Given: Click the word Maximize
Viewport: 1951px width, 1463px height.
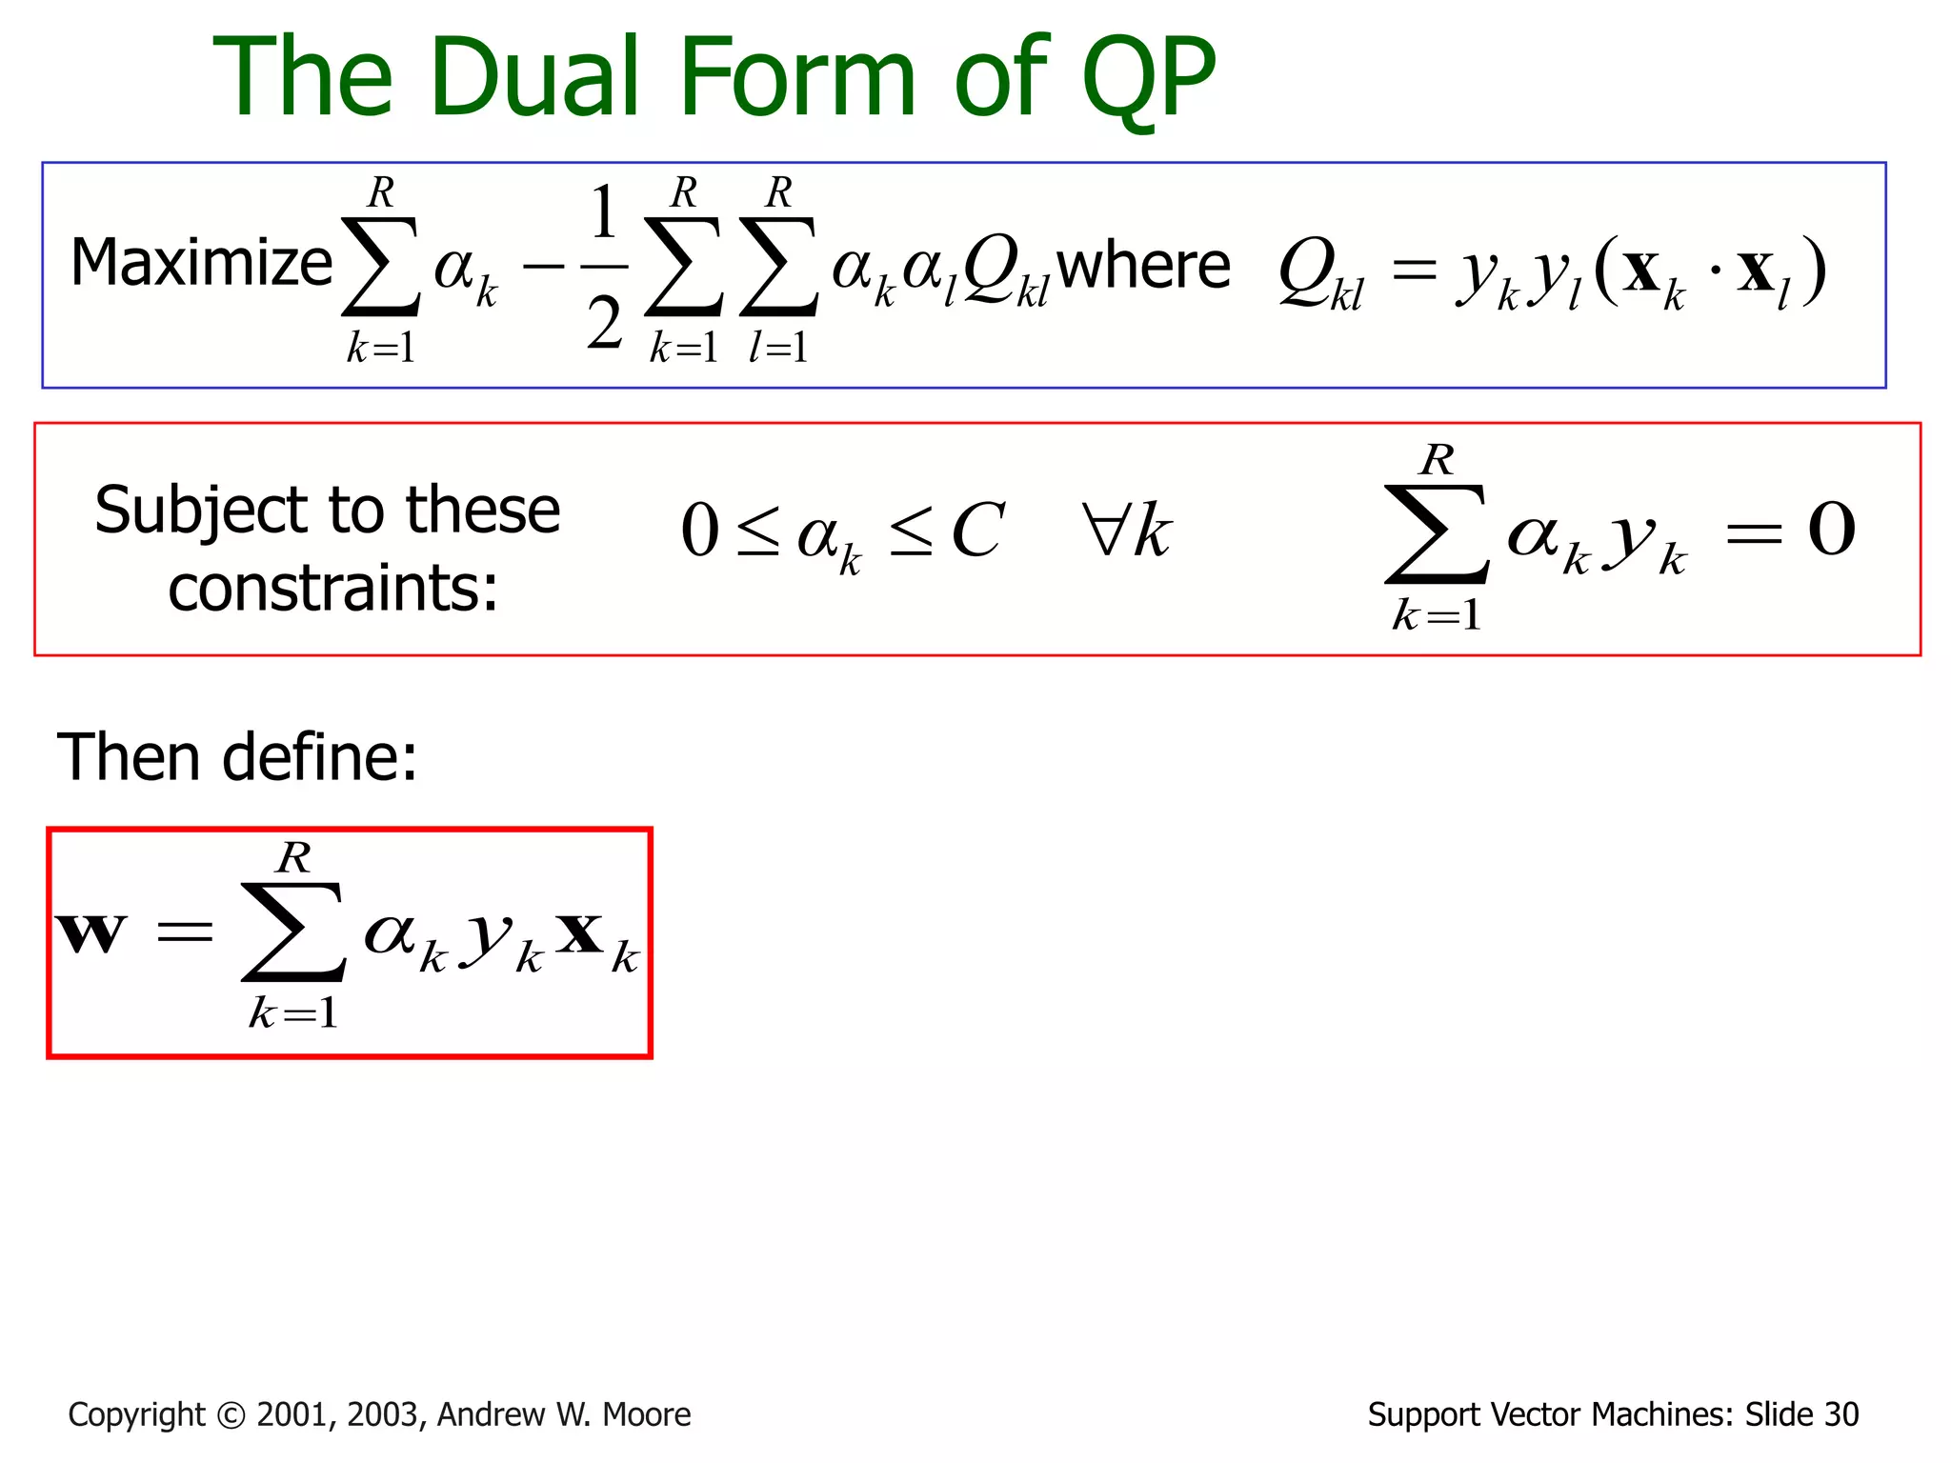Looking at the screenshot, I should point(201,263).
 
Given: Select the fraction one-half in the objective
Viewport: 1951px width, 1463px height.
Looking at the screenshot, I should point(604,268).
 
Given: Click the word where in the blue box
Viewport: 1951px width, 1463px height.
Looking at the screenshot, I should point(1143,266).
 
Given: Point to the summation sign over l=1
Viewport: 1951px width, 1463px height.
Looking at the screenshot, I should point(778,267).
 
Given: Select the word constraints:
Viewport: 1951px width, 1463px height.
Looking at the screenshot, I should point(332,589).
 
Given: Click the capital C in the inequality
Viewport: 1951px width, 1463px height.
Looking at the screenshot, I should point(977,531).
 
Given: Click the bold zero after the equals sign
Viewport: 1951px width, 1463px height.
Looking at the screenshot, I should point(1831,530).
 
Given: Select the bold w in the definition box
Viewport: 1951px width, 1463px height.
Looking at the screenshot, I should point(91,932).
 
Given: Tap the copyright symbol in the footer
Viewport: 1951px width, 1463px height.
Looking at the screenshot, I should point(231,1415).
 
